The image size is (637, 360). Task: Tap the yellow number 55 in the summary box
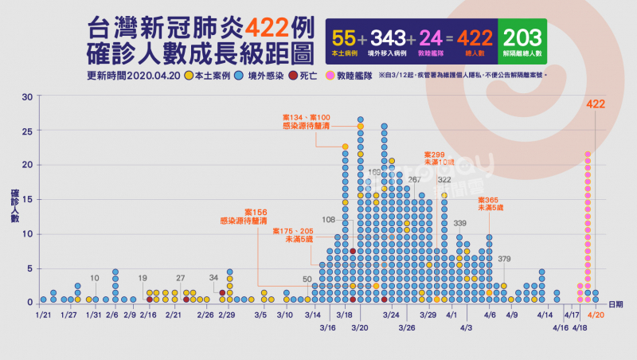click(344, 37)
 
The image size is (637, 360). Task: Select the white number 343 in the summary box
click(389, 37)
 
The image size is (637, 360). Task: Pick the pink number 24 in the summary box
click(432, 37)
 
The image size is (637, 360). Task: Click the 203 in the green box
click(523, 37)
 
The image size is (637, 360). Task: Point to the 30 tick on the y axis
click(26, 97)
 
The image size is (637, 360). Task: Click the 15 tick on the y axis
click(26, 200)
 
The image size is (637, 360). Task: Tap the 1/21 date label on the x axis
click(43, 315)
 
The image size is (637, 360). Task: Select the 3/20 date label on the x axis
click(360, 327)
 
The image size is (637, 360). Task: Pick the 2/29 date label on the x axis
click(227, 315)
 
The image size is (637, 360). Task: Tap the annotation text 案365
click(490, 200)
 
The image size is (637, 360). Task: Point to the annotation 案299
click(435, 154)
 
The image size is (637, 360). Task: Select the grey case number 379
click(505, 258)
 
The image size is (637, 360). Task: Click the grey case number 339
click(459, 223)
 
